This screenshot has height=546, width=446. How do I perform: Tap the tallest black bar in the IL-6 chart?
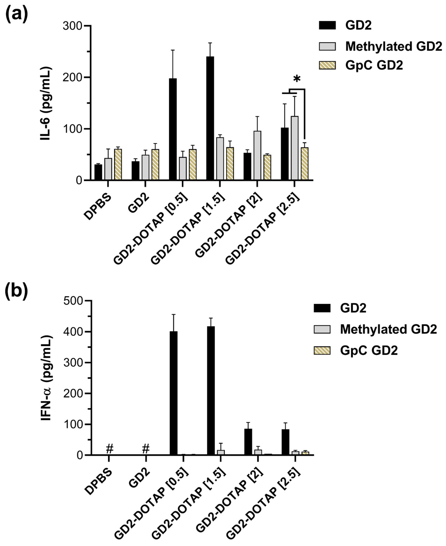click(210, 118)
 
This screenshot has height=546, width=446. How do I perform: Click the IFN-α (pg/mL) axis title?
click(46, 378)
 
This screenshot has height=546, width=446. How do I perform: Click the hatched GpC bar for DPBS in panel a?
click(118, 164)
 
